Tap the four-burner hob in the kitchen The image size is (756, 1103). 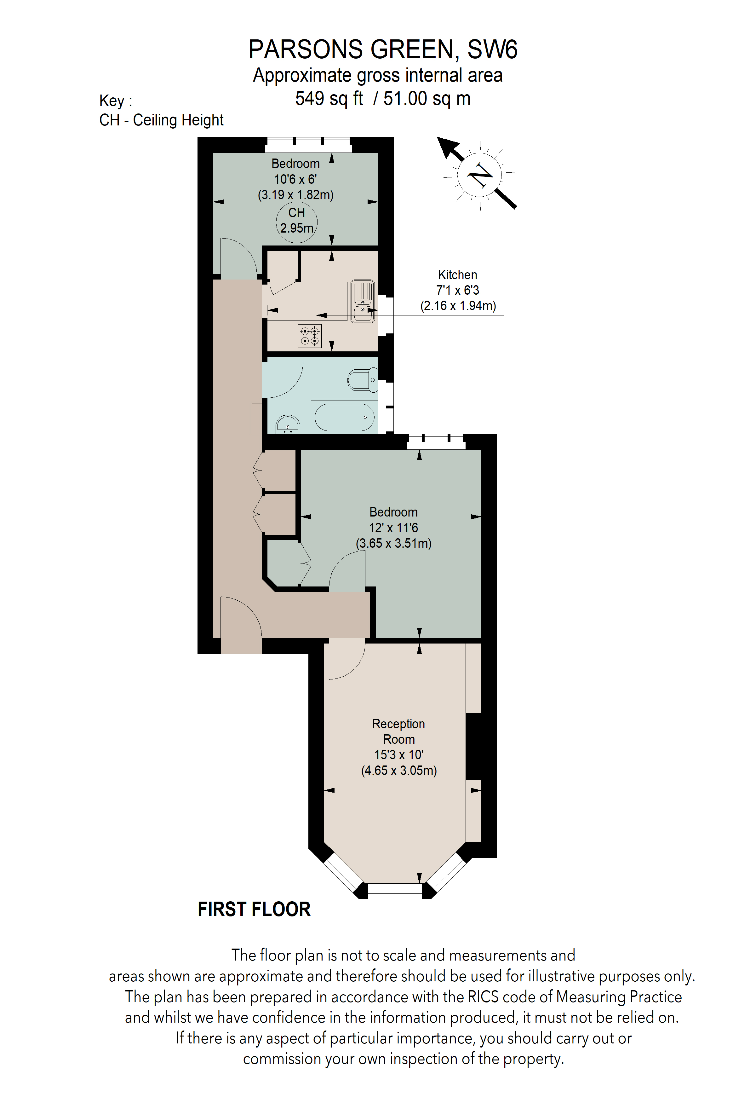[x=310, y=336]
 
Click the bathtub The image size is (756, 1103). [x=344, y=417]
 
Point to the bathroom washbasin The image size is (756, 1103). [x=287, y=425]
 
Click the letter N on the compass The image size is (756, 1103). [x=480, y=175]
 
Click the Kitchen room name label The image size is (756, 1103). [x=457, y=275]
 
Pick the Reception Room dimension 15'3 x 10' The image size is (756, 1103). [x=398, y=755]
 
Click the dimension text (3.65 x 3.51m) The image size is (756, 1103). [x=394, y=543]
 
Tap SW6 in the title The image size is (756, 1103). [x=492, y=49]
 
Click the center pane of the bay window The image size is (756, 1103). [x=395, y=891]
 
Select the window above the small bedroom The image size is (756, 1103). [x=309, y=144]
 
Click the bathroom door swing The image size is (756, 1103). [x=282, y=380]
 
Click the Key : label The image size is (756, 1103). [x=116, y=101]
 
